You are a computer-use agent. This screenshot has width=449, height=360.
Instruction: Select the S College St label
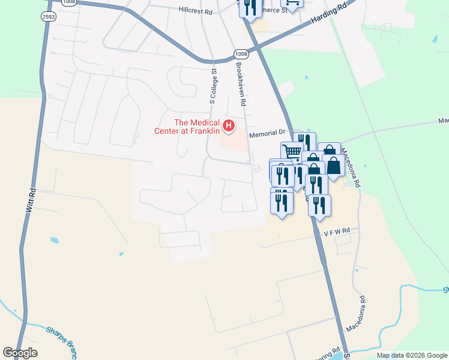click(213, 85)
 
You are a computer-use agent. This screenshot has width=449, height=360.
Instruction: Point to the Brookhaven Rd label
click(241, 85)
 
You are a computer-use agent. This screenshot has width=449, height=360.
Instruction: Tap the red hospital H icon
click(228, 125)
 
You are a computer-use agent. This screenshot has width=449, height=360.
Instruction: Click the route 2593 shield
click(49, 16)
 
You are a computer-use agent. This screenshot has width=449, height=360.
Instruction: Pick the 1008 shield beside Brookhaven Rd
click(241, 53)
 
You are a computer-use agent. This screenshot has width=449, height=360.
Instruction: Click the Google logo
click(20, 353)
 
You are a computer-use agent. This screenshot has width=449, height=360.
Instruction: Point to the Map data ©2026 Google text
click(412, 355)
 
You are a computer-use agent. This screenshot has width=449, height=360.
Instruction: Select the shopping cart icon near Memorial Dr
click(292, 151)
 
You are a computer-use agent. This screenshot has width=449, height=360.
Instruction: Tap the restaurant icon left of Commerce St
click(250, 6)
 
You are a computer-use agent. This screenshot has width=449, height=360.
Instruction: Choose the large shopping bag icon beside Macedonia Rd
click(334, 165)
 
